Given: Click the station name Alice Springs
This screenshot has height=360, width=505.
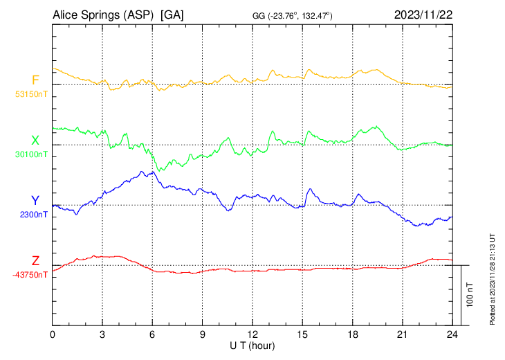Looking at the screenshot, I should point(103,15).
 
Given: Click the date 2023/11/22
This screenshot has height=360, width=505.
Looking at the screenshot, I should point(422,15).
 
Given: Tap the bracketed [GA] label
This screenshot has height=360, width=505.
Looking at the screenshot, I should point(172,15).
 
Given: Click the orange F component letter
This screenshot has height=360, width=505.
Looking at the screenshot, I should point(35,80).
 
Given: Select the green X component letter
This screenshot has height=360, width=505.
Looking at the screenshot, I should point(35,140).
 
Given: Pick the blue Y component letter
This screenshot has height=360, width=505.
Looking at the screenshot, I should point(35,200).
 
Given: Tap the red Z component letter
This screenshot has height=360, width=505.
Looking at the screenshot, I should point(35,260).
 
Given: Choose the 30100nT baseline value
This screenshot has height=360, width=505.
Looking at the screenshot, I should point(32,154).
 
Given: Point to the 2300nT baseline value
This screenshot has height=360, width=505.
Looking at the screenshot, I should point(34,215).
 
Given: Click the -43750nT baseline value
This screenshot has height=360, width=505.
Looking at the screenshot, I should point(30,275).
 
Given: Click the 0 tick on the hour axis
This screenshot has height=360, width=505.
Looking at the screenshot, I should point(53,334).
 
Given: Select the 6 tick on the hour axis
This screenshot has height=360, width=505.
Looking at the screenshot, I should point(152,334).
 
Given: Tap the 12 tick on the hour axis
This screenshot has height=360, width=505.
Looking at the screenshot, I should point(252,334).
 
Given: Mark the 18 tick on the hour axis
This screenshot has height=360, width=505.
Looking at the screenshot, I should point(352,334).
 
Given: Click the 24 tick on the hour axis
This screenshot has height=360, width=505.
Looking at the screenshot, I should point(452,334).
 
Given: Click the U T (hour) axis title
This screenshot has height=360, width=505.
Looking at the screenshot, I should point(252,345).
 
